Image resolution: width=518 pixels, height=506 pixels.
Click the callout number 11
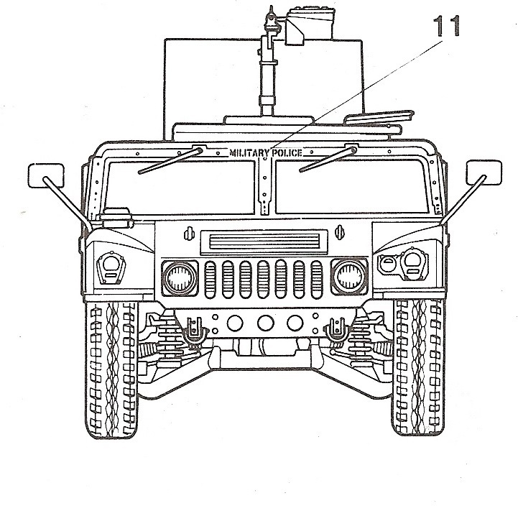pos(446,28)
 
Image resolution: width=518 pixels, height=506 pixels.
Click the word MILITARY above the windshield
pos(249,153)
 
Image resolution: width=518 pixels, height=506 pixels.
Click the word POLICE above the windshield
pos(286,153)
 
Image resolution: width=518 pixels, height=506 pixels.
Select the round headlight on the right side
pos(348,275)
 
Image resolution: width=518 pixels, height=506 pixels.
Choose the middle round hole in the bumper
pos(264,322)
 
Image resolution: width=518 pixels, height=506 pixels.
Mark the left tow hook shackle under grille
pos(193,332)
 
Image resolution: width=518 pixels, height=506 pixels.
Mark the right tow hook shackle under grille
pos(333,332)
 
